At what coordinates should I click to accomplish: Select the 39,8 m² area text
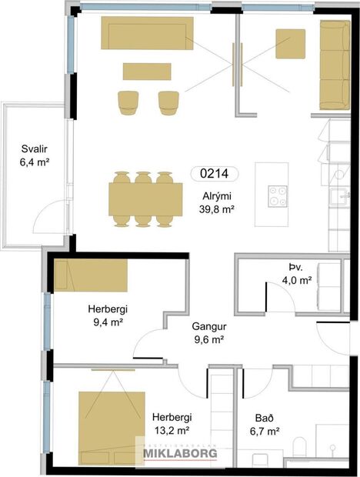click(217, 208)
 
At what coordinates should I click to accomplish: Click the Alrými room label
click(217, 195)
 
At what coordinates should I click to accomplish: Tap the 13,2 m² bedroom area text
click(172, 431)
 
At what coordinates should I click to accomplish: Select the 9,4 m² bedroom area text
click(106, 323)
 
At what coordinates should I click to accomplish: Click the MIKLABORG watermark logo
click(180, 454)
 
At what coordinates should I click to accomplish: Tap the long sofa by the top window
click(146, 34)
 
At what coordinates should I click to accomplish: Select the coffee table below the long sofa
click(145, 71)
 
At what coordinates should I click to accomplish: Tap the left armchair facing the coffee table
click(128, 101)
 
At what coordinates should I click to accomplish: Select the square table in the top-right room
click(291, 43)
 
